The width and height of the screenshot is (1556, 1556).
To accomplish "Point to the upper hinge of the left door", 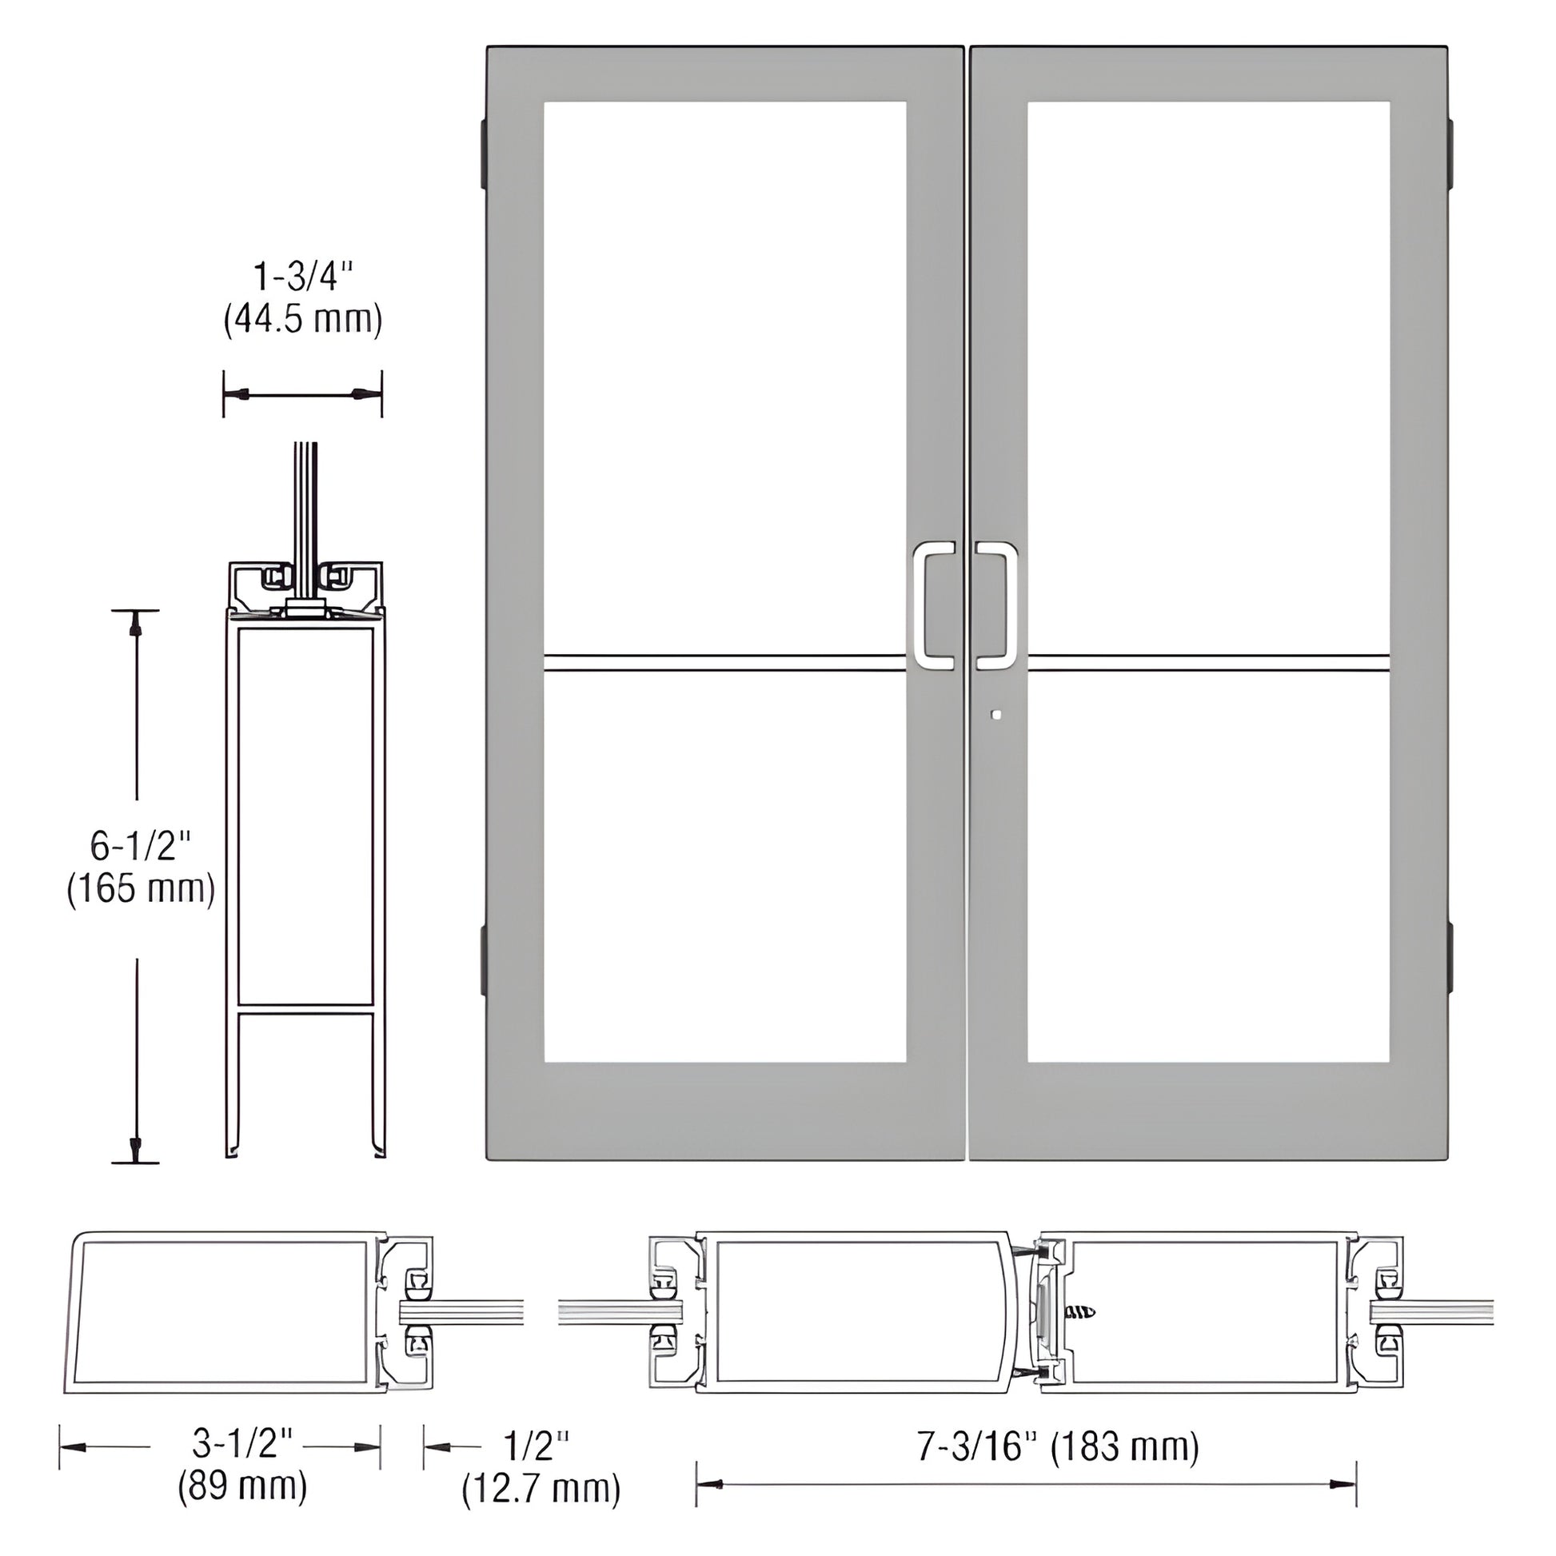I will click(x=483, y=153).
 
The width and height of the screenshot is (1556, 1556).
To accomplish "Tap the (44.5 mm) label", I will click(x=303, y=320).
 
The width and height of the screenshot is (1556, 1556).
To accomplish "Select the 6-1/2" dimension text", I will click(x=141, y=847).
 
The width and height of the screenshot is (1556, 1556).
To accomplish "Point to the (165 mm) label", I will click(x=141, y=890).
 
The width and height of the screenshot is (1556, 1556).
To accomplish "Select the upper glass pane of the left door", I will click(x=725, y=378).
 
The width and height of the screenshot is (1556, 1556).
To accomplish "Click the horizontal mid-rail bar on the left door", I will click(x=725, y=664).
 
